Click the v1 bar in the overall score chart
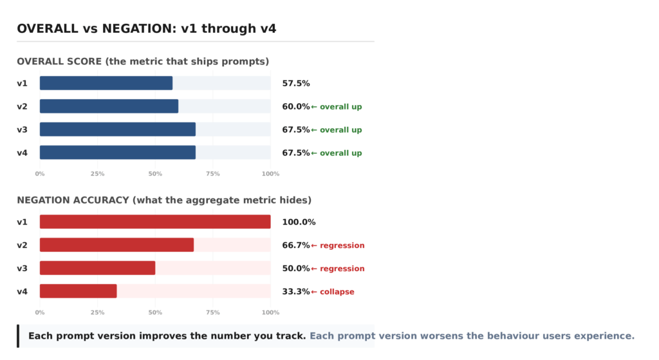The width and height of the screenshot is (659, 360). click(106, 83)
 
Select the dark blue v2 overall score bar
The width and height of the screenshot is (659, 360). click(109, 106)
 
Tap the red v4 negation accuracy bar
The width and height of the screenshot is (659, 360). click(78, 291)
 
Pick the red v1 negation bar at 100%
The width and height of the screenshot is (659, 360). click(155, 222)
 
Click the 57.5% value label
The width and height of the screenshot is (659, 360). click(296, 83)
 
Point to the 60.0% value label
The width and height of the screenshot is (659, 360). click(296, 106)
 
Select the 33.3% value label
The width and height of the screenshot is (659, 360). click(296, 292)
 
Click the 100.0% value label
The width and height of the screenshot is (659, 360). click(299, 222)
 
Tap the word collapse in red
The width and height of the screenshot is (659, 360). click(337, 292)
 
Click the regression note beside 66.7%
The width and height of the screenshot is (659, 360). click(342, 245)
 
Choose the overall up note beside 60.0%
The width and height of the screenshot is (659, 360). click(341, 107)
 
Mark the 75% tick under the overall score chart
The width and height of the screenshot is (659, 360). click(212, 174)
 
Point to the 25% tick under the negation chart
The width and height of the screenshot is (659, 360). click(98, 312)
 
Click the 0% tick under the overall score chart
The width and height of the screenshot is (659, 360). click(40, 174)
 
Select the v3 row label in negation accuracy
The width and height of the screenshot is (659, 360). click(23, 269)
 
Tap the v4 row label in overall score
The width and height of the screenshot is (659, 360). click(23, 153)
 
